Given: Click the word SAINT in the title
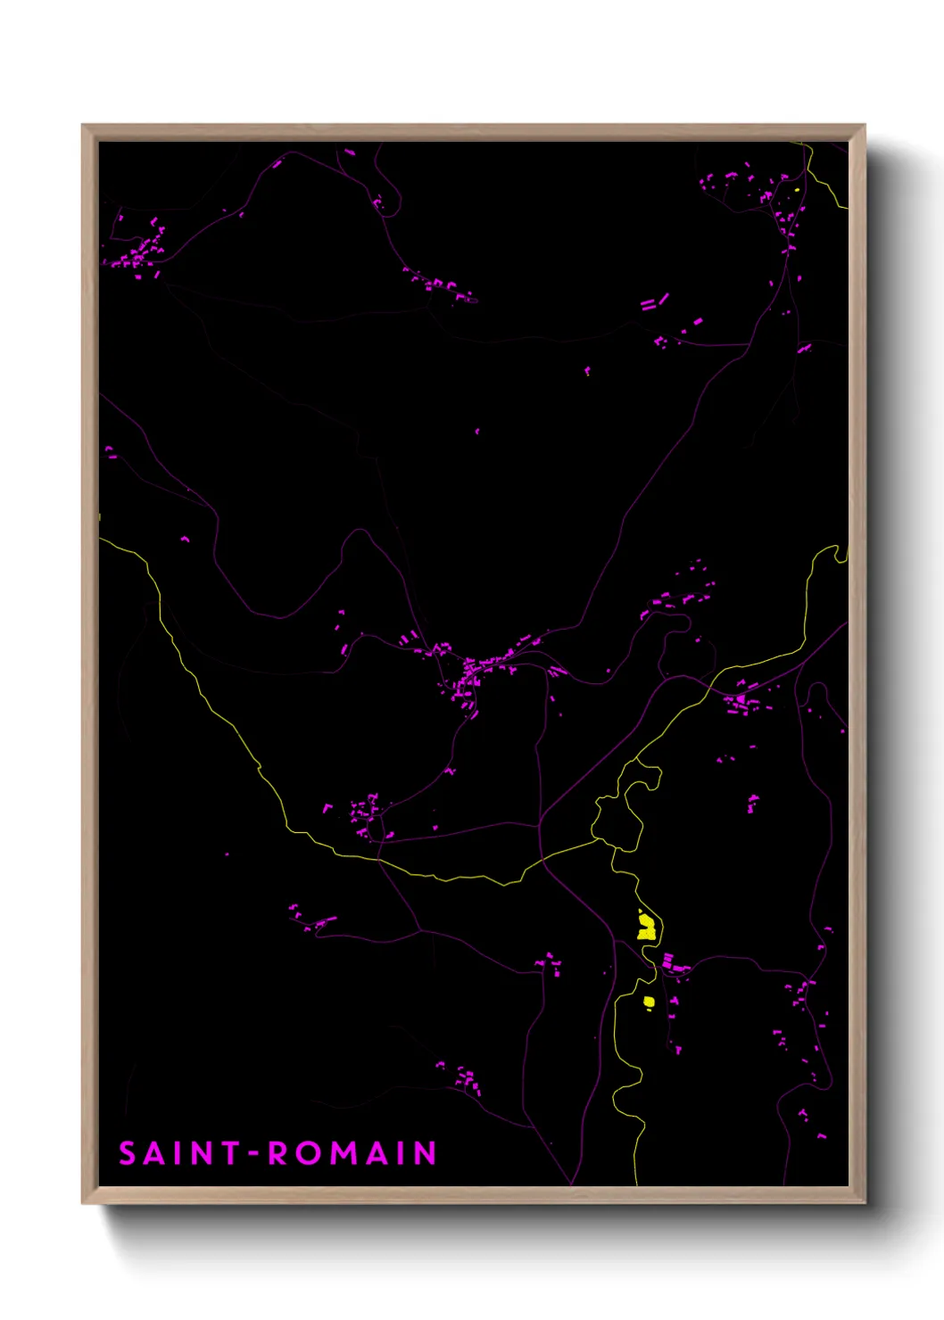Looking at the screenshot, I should click(178, 1153).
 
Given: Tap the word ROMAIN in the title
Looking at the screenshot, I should click(352, 1153).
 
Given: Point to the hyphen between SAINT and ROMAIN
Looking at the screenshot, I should click(253, 1154).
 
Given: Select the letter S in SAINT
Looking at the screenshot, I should click(127, 1153).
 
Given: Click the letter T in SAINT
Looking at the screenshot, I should click(229, 1153).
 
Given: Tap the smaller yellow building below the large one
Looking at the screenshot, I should click(650, 1002).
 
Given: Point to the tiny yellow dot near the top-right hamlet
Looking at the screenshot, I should click(796, 189).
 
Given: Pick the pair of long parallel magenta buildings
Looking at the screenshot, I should click(654, 302).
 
